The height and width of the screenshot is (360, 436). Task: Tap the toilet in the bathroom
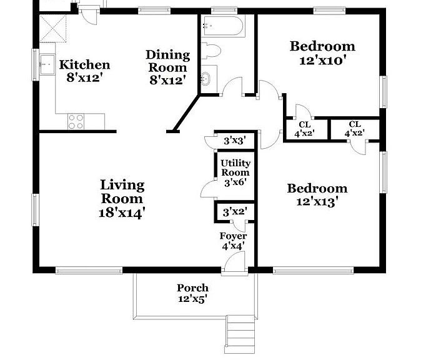(211, 51)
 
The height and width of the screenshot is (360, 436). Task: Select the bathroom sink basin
(206, 79)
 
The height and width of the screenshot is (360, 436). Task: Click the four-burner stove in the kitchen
(76, 122)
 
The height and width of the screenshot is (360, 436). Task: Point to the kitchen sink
(47, 64)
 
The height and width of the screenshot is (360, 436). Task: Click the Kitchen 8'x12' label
(84, 71)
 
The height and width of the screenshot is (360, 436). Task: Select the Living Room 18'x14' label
(122, 199)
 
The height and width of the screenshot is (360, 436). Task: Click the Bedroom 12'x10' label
(322, 53)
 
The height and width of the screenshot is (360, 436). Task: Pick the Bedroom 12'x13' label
(317, 195)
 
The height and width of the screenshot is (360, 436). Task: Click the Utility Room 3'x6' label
(235, 172)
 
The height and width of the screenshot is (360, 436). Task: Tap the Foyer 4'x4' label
(233, 241)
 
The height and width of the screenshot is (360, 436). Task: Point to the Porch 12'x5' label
(192, 293)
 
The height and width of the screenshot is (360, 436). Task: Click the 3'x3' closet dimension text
(235, 141)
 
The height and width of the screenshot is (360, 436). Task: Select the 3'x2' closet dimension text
(235, 212)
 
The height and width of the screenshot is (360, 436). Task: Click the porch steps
(240, 334)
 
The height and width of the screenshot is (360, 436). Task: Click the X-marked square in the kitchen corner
(53, 29)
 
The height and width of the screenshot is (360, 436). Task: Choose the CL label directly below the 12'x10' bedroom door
(305, 129)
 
